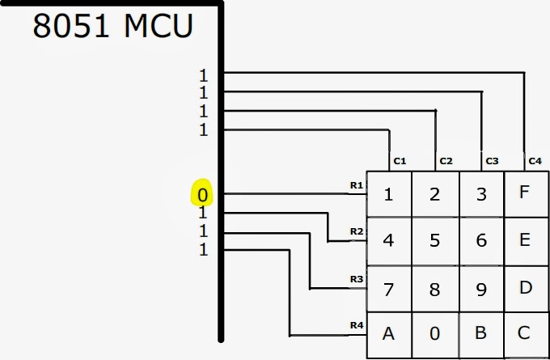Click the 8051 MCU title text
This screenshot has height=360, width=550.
pyautogui.click(x=112, y=26)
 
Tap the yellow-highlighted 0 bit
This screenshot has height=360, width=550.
pyautogui.click(x=203, y=195)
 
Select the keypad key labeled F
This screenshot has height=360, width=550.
pyautogui.click(x=525, y=193)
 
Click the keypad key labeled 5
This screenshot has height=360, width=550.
pyautogui.click(x=435, y=240)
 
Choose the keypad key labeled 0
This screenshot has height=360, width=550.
pyautogui.click(x=435, y=334)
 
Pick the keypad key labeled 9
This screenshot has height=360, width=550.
pyautogui.click(x=481, y=287)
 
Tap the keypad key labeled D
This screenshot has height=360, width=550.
pyautogui.click(x=525, y=287)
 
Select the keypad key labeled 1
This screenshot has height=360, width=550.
pyautogui.click(x=388, y=194)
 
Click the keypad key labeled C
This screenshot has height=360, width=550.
pyautogui.click(x=525, y=333)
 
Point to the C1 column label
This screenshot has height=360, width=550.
pyautogui.click(x=400, y=161)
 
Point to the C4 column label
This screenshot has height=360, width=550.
pyautogui.click(x=535, y=161)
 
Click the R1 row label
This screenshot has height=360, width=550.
pyautogui.click(x=356, y=185)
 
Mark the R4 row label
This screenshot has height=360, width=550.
pyautogui.click(x=356, y=325)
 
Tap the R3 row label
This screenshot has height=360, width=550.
pyautogui.click(x=356, y=278)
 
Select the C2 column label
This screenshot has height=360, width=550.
pyautogui.click(x=446, y=161)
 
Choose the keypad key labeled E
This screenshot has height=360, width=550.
pyautogui.click(x=525, y=240)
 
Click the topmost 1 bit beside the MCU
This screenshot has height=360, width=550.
pyautogui.click(x=204, y=75)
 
